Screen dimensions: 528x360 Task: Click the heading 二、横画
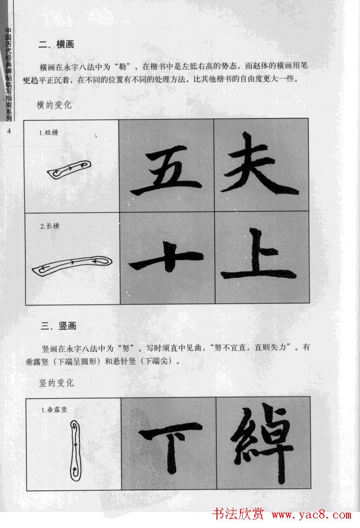[x=56, y=45]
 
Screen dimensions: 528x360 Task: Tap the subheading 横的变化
[x=54, y=105]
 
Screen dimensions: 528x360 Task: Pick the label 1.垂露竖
[x=54, y=410]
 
